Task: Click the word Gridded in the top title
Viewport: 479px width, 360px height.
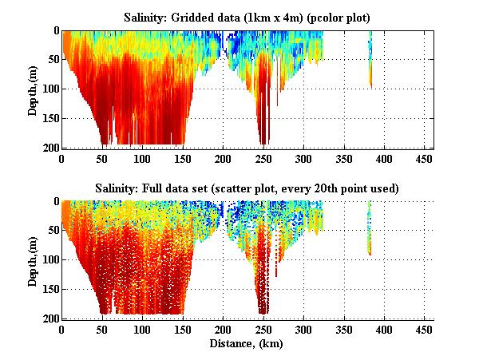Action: coord(200,16)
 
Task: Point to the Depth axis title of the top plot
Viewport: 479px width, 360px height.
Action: coord(33,89)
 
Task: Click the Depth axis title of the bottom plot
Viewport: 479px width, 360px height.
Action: coord(33,259)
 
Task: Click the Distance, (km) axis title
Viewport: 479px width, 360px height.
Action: coord(247,343)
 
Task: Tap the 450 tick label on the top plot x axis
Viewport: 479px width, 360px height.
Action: coord(425,158)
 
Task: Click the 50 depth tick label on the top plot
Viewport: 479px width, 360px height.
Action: coord(53,60)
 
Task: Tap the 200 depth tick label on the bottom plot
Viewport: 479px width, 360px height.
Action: coord(50,318)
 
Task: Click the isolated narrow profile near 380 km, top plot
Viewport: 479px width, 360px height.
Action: coord(370,60)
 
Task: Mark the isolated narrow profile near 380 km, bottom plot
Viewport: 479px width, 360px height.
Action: coord(370,231)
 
